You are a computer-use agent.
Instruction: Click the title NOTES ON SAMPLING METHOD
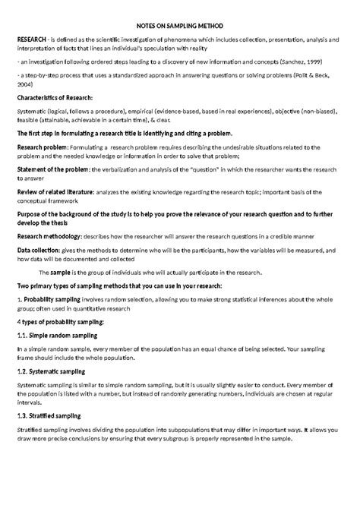[180, 24]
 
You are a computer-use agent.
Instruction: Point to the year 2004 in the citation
[24, 85]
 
